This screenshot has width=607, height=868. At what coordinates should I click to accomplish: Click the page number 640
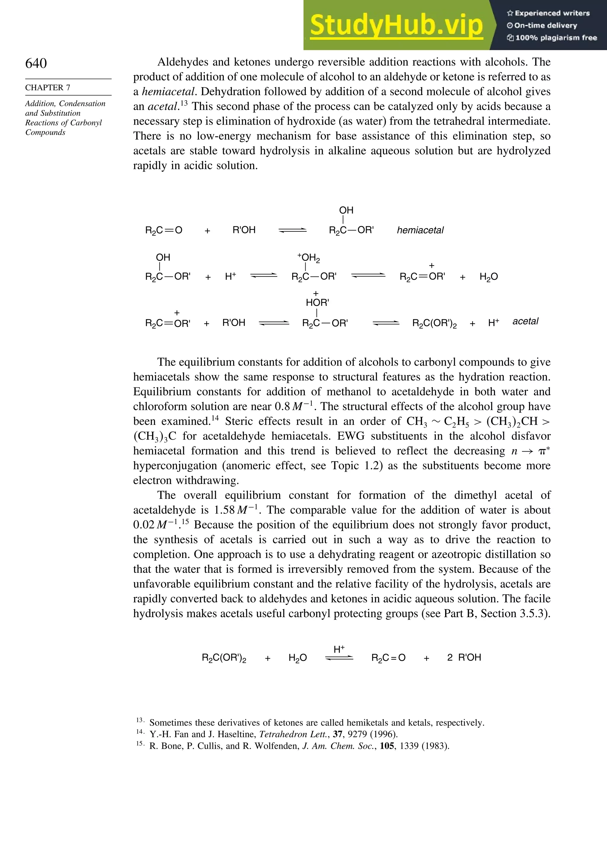(36, 63)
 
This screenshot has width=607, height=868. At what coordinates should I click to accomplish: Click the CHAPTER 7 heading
(48, 88)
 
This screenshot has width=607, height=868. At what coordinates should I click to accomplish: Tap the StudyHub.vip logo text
(396, 25)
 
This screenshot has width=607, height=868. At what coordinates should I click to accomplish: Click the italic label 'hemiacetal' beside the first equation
(420, 230)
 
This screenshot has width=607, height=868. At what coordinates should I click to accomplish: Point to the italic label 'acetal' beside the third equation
(525, 321)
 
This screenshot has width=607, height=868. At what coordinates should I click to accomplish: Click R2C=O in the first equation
(164, 230)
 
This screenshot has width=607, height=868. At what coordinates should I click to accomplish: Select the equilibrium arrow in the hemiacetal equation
(292, 230)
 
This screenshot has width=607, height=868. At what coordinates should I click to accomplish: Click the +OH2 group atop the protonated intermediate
(309, 258)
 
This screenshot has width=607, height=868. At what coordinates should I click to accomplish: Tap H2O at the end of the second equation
(488, 277)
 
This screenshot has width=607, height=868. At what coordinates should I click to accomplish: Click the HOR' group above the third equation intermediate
(317, 303)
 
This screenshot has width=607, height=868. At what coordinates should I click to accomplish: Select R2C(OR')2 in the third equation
(435, 324)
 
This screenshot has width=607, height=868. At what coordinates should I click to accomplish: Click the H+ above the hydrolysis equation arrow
(339, 649)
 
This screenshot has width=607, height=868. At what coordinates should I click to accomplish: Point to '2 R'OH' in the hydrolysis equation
(464, 657)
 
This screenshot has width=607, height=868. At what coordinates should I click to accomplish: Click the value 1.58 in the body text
(224, 510)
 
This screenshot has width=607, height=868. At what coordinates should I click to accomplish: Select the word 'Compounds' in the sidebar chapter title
(45, 132)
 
